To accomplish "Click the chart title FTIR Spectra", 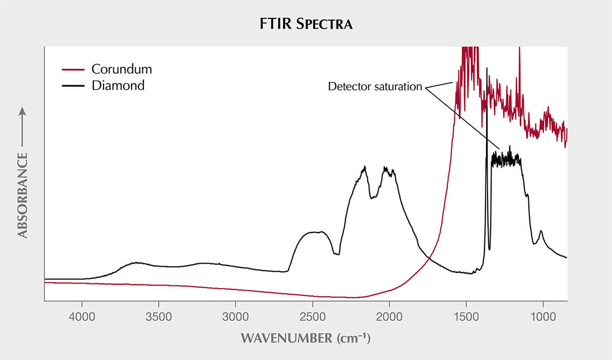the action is coord(305,24).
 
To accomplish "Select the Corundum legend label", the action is coord(121,69).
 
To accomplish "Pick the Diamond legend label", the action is coord(118,86).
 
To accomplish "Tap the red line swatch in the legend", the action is coord(73,70).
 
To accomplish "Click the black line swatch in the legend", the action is coord(73,86).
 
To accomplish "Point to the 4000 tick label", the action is coord(82,317).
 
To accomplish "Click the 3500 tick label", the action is coord(159,317).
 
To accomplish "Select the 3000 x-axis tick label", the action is coord(236,317).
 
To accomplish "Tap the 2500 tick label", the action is coord(313,317).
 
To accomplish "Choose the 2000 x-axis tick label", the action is coord(389,317).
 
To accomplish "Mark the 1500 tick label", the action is coord(466,317).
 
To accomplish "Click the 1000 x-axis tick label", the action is coord(543,317).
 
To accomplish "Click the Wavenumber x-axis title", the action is coord(305,338).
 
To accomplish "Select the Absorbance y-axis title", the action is coord(22,195).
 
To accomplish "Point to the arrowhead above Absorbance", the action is coord(22,111).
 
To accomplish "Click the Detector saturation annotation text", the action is coord(375,87).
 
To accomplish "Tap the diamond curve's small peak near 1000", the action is coord(541,232).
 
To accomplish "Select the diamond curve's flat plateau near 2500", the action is coord(313,233).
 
